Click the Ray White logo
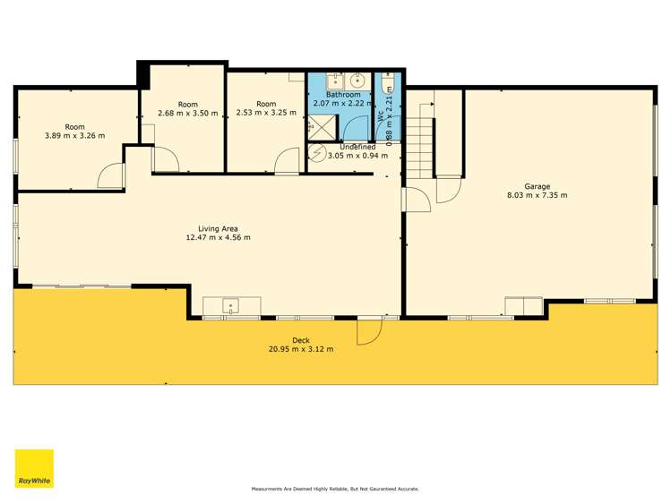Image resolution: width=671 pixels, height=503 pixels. click(x=34, y=469)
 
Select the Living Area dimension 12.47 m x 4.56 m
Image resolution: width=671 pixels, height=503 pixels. click(x=218, y=237)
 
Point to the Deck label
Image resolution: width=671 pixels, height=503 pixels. click(x=301, y=339)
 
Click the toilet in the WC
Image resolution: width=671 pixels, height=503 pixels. click(x=387, y=87)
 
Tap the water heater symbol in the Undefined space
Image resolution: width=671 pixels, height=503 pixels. click(x=317, y=153)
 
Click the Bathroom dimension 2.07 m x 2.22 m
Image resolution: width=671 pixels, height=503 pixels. click(x=343, y=104)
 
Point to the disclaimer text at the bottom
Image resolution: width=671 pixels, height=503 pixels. click(x=335, y=489)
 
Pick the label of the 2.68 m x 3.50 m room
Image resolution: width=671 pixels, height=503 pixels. click(x=188, y=104)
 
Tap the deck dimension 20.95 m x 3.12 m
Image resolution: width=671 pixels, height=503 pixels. click(x=301, y=348)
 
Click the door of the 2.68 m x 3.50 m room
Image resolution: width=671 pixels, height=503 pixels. click(x=165, y=159)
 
